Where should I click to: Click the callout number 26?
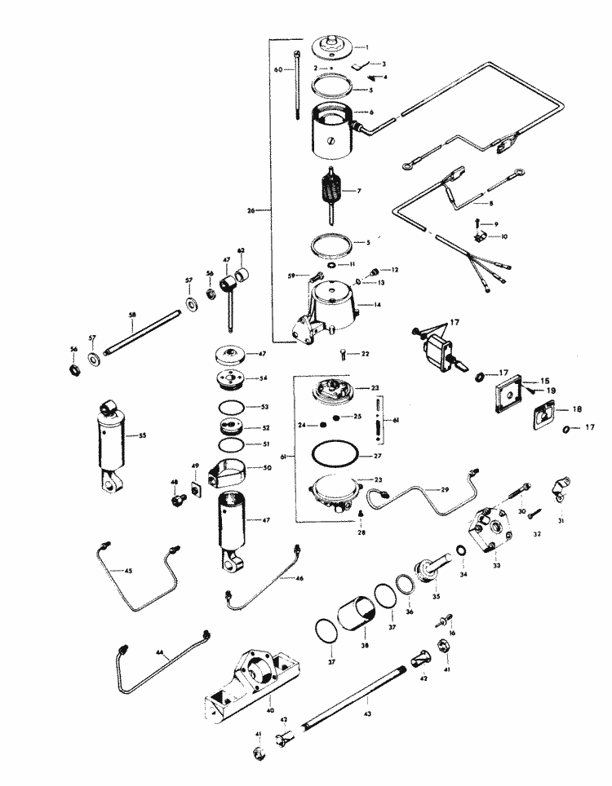point(251,210)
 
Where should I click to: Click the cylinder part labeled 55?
point(113,444)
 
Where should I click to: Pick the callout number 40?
point(270,699)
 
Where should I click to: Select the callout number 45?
point(127,571)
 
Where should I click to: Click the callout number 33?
point(496,563)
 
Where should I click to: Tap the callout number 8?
point(491,203)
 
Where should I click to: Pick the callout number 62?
point(241,250)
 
